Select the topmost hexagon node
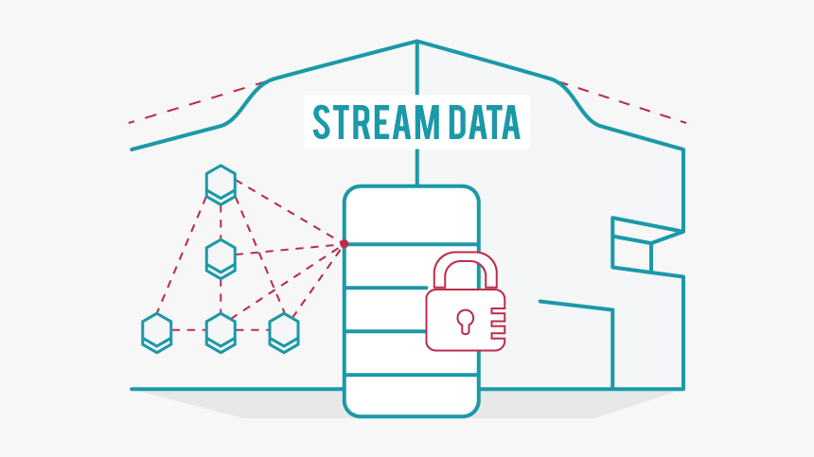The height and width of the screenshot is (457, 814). coord(221,184)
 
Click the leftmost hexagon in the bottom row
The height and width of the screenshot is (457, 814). coord(157,331)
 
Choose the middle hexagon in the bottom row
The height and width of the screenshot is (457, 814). coord(221,331)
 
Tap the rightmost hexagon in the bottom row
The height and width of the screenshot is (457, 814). coord(284,331)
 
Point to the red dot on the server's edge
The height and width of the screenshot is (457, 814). coord(344,244)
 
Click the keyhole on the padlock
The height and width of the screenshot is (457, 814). coord(465,320)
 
